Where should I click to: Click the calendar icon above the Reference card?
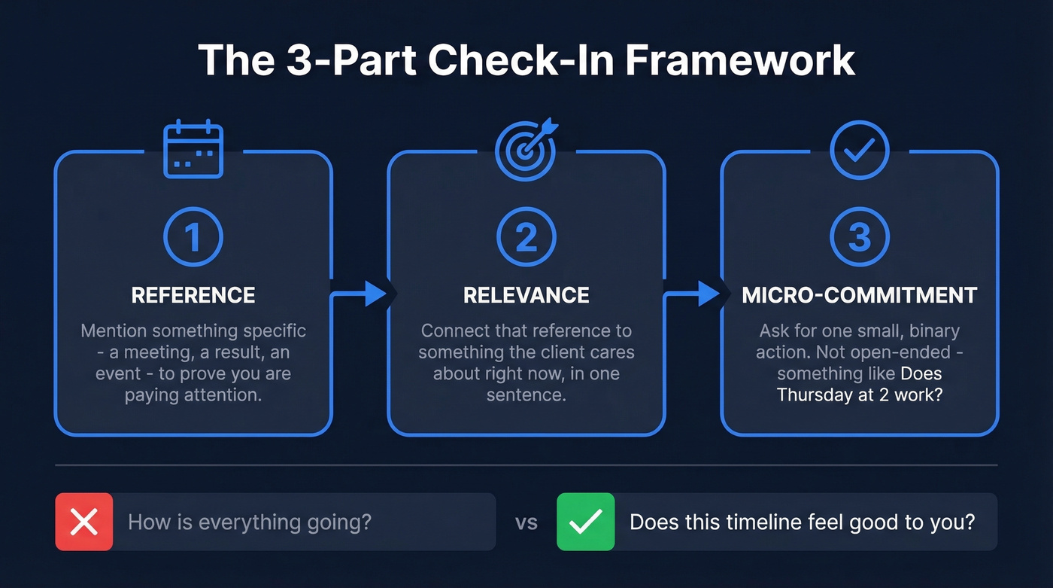click(193, 151)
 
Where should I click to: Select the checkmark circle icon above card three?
click(859, 151)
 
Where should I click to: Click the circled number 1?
click(193, 237)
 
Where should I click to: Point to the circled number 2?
click(526, 237)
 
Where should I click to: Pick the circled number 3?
click(859, 237)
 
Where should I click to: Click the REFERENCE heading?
click(193, 295)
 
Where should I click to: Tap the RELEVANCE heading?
click(526, 295)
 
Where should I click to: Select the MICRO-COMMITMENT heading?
click(859, 295)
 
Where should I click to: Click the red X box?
click(83, 522)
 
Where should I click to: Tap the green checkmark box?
click(585, 522)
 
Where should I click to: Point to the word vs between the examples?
click(526, 522)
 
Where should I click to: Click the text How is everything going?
click(250, 522)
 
